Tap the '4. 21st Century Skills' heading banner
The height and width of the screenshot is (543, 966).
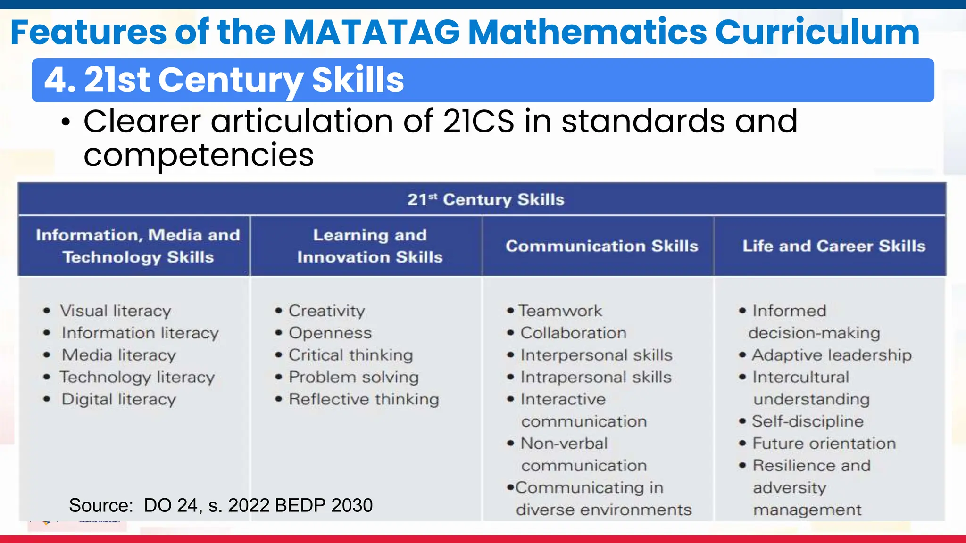[224, 80]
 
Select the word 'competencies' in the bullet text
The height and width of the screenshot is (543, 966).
[199, 155]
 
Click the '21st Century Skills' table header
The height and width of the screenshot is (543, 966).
[485, 199]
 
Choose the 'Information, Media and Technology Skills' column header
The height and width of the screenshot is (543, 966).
[138, 246]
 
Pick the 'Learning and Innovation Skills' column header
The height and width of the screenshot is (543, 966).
[370, 246]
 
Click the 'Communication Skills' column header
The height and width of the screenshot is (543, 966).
[601, 246]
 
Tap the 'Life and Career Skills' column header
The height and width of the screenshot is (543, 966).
[833, 246]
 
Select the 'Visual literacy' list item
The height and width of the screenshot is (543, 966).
[115, 311]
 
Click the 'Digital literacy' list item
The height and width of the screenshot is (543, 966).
[118, 400]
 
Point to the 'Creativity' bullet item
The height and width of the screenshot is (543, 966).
[326, 311]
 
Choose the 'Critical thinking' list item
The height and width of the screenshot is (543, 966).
[350, 355]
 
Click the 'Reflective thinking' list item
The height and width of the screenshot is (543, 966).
[363, 400]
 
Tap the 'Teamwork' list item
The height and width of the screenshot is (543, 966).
[560, 311]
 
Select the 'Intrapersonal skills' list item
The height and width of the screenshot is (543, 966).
[596, 378]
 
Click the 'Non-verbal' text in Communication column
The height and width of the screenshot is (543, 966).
[564, 444]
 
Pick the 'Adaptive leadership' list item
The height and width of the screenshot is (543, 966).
[832, 355]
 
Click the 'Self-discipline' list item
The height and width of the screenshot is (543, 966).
[807, 421]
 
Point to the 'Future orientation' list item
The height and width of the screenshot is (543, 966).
[824, 444]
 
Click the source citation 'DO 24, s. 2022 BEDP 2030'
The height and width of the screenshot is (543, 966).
[258, 505]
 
